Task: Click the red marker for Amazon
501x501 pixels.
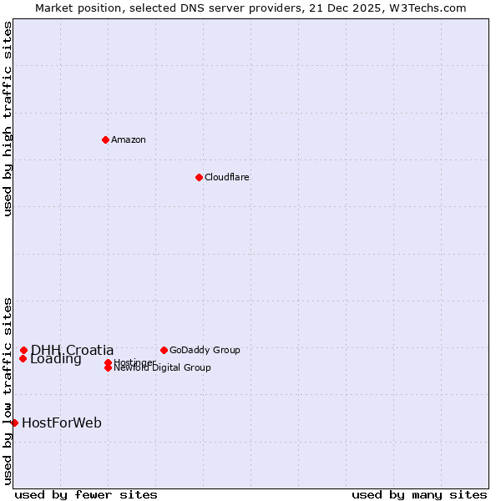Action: tap(105, 139)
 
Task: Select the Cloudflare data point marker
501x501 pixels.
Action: tap(199, 177)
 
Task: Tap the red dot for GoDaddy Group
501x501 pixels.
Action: tap(164, 350)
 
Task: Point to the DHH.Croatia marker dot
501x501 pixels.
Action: tap(23, 351)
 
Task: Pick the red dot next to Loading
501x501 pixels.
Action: tap(23, 359)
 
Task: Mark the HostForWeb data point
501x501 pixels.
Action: tap(14, 423)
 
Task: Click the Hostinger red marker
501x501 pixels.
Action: tap(108, 362)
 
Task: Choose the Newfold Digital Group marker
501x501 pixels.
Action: tap(108, 367)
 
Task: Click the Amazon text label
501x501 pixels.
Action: tap(129, 139)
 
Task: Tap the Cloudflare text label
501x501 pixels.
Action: tap(227, 177)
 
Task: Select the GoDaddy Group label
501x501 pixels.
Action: tap(205, 350)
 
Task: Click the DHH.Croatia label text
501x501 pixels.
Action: tap(73, 350)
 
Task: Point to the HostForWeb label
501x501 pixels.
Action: tap(62, 423)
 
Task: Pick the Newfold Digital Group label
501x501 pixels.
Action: tap(163, 368)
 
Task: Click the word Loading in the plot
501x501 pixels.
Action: tap(56, 360)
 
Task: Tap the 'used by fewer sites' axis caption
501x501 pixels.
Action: tap(86, 494)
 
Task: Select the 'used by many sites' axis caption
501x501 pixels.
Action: tap(419, 494)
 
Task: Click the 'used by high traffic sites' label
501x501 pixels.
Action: tap(8, 119)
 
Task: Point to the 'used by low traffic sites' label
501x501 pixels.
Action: tap(8, 390)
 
